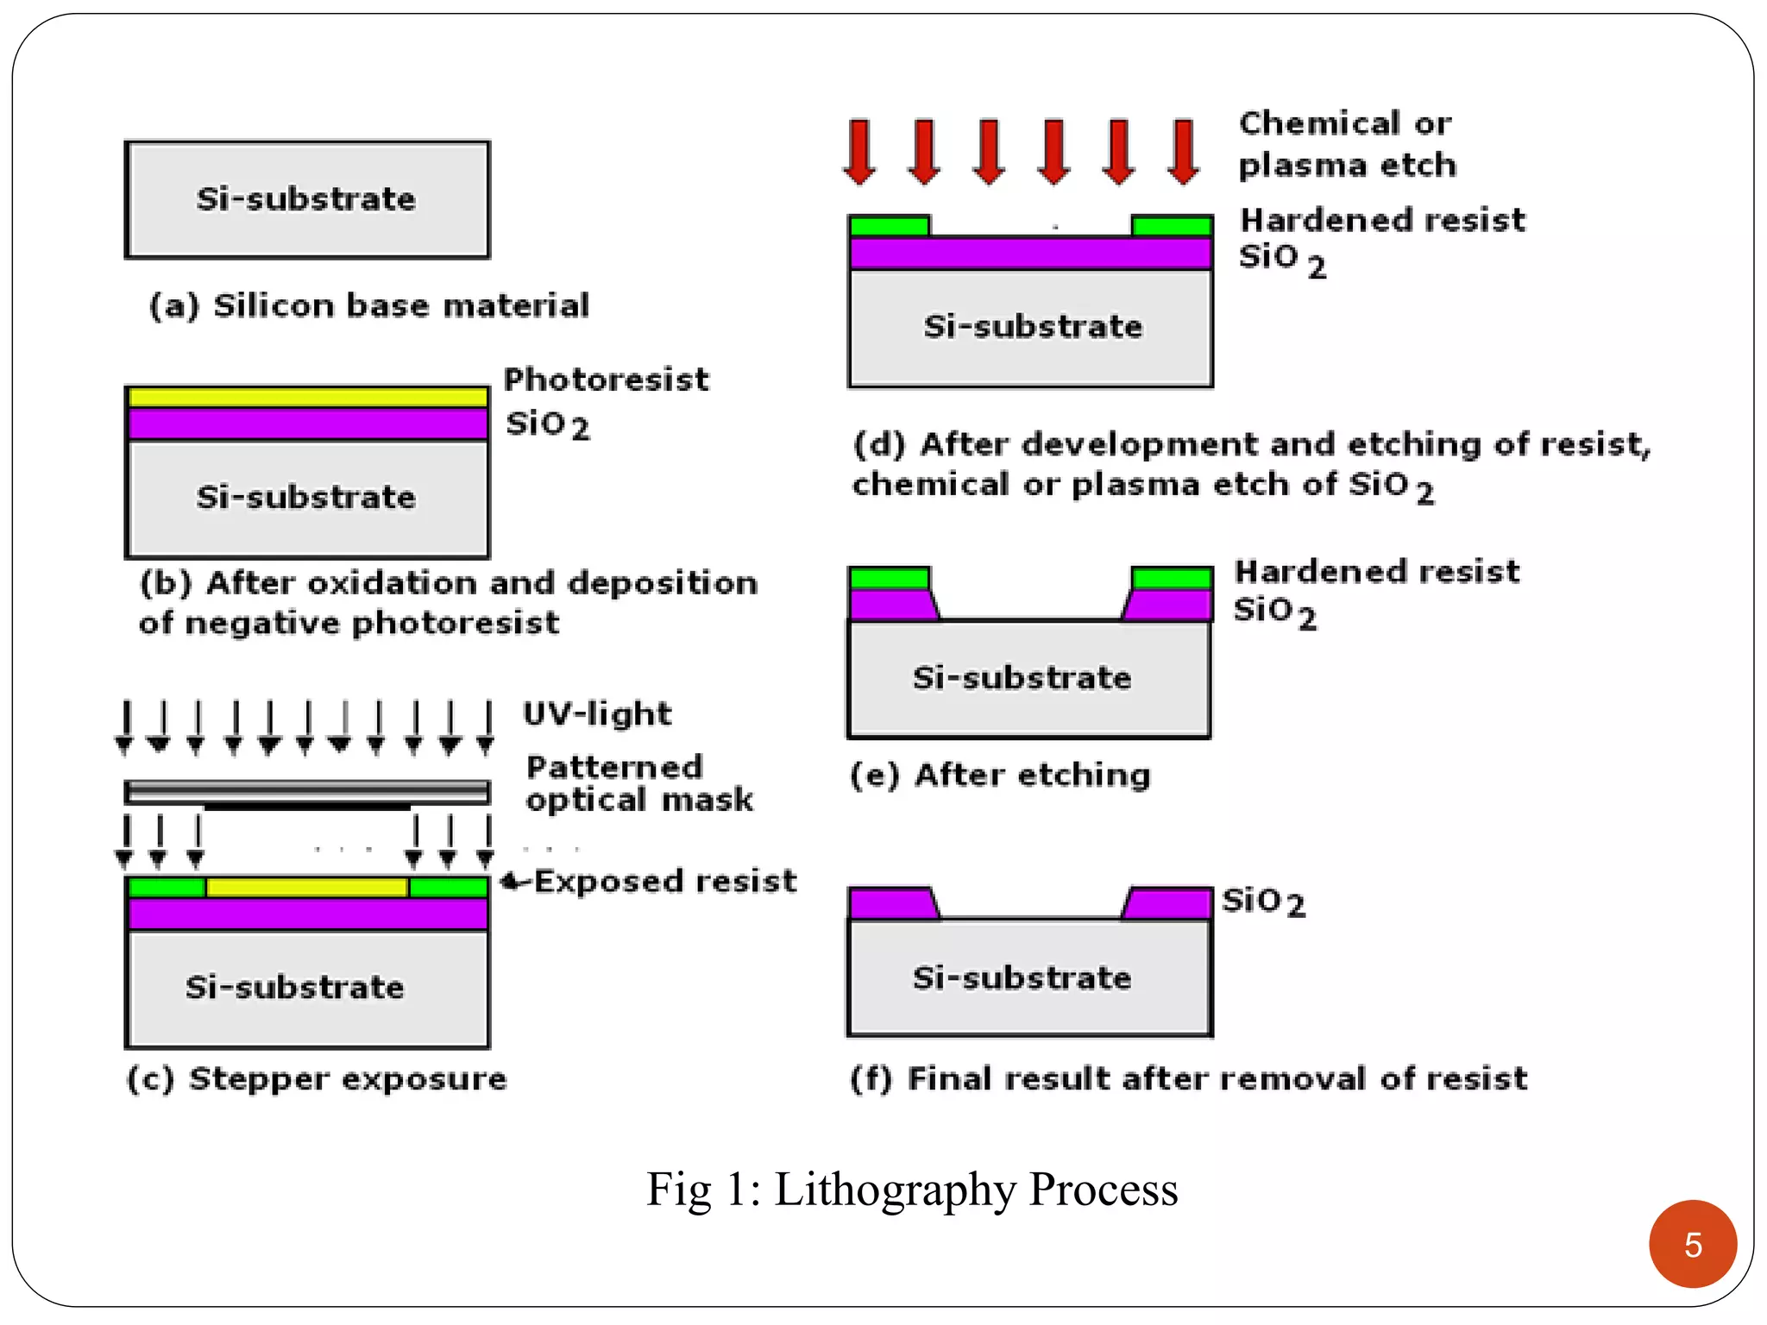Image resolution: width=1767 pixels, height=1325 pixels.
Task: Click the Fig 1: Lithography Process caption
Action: click(x=912, y=1190)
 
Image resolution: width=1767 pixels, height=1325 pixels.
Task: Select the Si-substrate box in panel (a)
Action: click(x=307, y=200)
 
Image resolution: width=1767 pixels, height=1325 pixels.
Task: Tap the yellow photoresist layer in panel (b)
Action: click(x=307, y=398)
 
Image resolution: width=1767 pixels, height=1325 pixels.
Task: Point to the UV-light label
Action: click(x=597, y=714)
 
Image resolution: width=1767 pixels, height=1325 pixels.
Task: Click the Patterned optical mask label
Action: click(x=638, y=783)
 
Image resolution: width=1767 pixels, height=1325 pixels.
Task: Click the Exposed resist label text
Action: click(x=664, y=882)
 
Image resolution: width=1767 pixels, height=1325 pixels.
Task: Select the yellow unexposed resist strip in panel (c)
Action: click(x=307, y=887)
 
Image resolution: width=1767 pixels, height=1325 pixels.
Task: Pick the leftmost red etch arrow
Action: click(x=860, y=152)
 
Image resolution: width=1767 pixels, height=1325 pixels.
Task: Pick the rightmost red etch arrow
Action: click(x=1183, y=152)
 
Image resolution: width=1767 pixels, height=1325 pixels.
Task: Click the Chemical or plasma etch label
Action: click(x=1347, y=144)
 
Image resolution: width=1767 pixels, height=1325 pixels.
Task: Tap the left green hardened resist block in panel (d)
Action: click(x=890, y=227)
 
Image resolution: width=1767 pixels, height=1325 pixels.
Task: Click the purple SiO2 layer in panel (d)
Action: click(x=1031, y=254)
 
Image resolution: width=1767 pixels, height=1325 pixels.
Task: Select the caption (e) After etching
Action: click(x=1000, y=776)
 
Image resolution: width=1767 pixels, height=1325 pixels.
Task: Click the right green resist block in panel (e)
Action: click(x=1172, y=578)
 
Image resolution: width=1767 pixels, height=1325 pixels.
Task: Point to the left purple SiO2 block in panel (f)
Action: click(x=890, y=904)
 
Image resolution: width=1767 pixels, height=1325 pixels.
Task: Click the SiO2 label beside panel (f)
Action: click(x=1263, y=902)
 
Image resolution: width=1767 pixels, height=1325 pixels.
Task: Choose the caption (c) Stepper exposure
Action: click(x=317, y=1079)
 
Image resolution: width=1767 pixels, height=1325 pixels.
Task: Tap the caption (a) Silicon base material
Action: click(x=369, y=306)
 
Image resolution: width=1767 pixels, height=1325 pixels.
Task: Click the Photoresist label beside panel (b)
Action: click(x=606, y=380)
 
